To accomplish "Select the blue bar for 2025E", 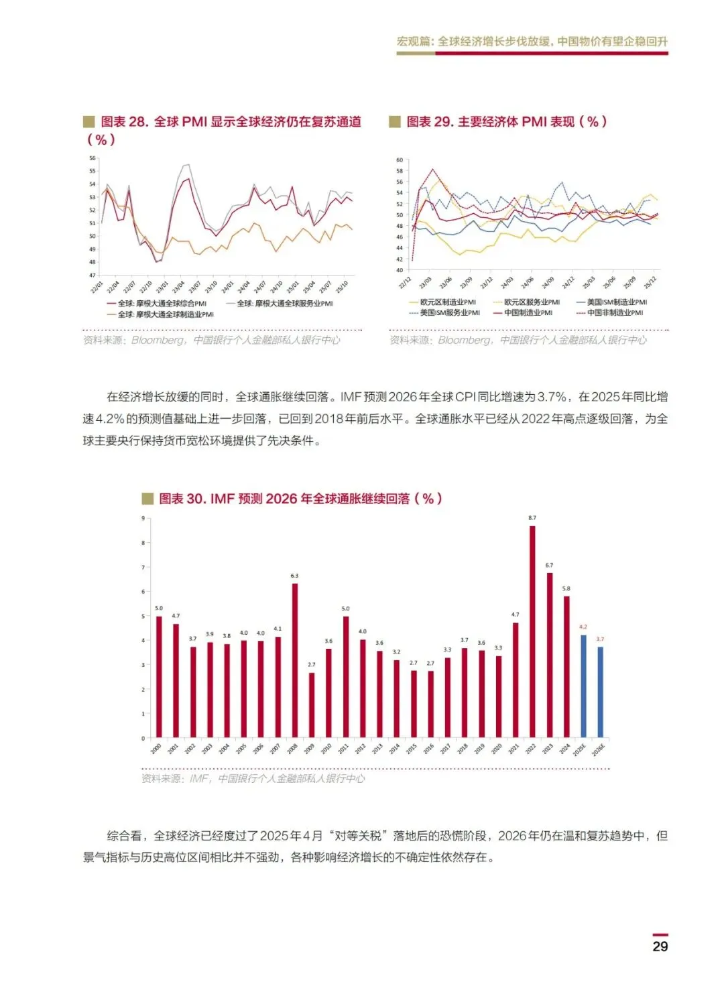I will coord(583,686).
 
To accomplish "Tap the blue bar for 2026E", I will coord(601,692).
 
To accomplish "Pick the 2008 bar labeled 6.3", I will coord(295,660).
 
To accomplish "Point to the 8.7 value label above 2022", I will coord(532,518).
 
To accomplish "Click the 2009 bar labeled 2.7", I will coord(312,704).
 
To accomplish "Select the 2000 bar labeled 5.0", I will coord(159,676).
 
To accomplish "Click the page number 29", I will coord(660,946).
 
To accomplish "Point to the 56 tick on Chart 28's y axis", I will coord(93,158).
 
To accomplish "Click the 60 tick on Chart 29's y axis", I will coord(400,160).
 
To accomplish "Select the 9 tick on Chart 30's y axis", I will coord(143,518).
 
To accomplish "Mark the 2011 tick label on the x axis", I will coord(343,749).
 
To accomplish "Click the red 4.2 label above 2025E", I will coord(583,627).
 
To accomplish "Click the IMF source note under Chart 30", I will coord(253,778).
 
